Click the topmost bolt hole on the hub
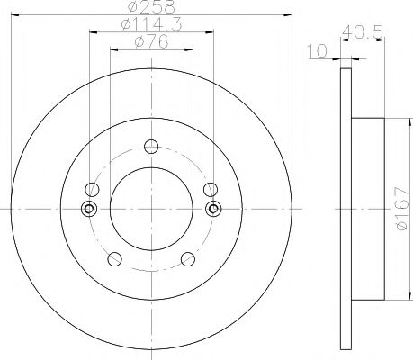150,148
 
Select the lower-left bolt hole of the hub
113,259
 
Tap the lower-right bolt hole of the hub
187,259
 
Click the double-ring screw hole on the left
89,210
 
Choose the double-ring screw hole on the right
212,210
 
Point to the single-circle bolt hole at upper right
211,189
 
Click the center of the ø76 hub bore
150,210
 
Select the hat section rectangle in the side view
369,210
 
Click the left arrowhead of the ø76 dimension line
112,49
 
